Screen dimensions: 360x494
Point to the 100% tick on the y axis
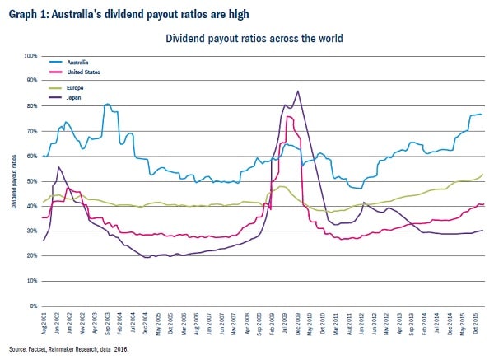31,56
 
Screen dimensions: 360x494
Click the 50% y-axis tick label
33,181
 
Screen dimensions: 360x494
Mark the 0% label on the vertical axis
35,306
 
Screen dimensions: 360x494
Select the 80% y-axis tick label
33,106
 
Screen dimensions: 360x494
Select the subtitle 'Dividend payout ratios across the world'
254,38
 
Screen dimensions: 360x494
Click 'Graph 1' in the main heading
27,13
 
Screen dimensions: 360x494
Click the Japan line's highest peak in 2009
296,91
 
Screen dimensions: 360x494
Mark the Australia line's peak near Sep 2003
108,105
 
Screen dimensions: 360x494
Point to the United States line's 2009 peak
288,116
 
